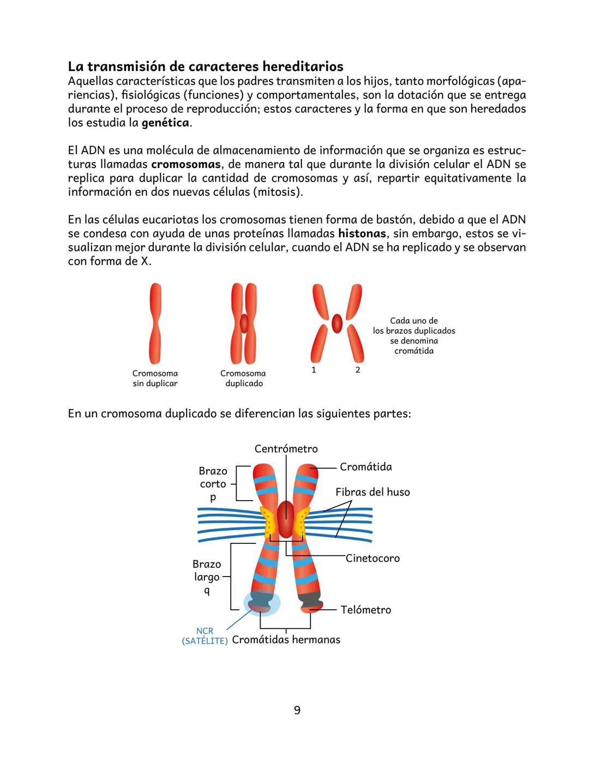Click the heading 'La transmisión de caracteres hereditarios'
tap(206, 67)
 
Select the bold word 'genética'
tap(166, 123)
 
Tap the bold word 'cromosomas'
tap(185, 164)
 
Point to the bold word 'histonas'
tap(362, 233)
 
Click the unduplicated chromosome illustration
tap(155, 323)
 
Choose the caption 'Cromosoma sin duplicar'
tap(155, 379)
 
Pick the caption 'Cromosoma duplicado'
tap(243, 379)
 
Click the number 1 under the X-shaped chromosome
tap(314, 370)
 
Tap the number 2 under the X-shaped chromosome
tap(358, 370)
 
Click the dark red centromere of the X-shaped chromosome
tap(337, 323)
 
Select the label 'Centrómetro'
tap(286, 449)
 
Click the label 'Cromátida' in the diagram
tap(365, 467)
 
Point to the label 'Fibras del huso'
tap(372, 492)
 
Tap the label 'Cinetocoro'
tap(372, 558)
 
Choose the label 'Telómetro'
tap(365, 610)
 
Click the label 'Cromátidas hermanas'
tap(286, 640)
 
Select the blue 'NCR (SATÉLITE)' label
tap(205, 636)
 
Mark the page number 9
tap(297, 710)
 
